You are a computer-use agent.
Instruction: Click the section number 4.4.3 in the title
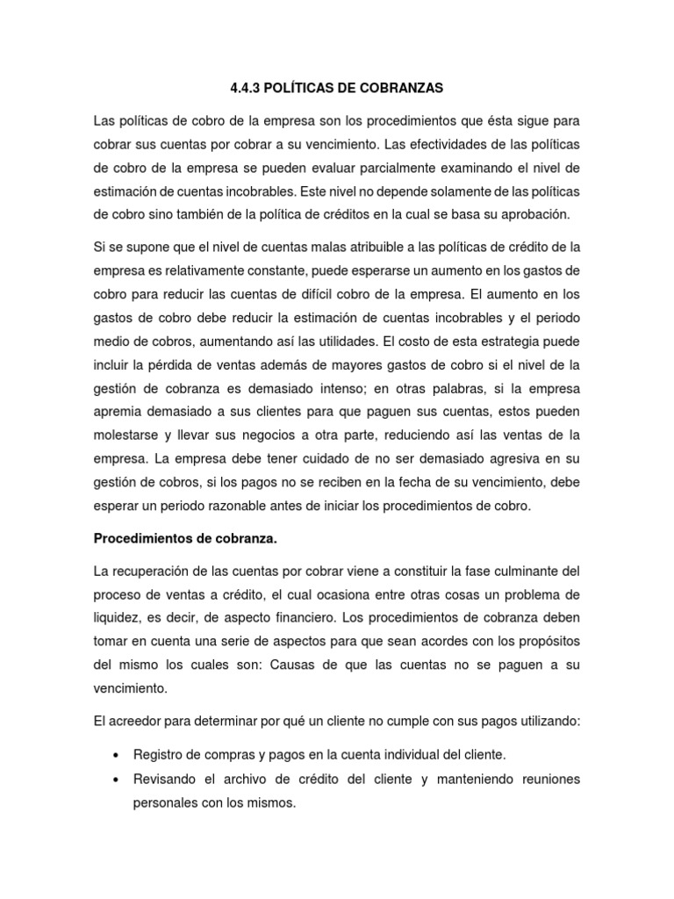coord(246,88)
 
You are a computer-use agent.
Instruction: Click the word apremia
coord(119,411)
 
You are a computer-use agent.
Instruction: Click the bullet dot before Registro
coord(116,755)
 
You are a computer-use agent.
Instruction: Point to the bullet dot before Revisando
coord(116,779)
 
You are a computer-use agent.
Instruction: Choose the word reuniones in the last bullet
coord(550,779)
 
